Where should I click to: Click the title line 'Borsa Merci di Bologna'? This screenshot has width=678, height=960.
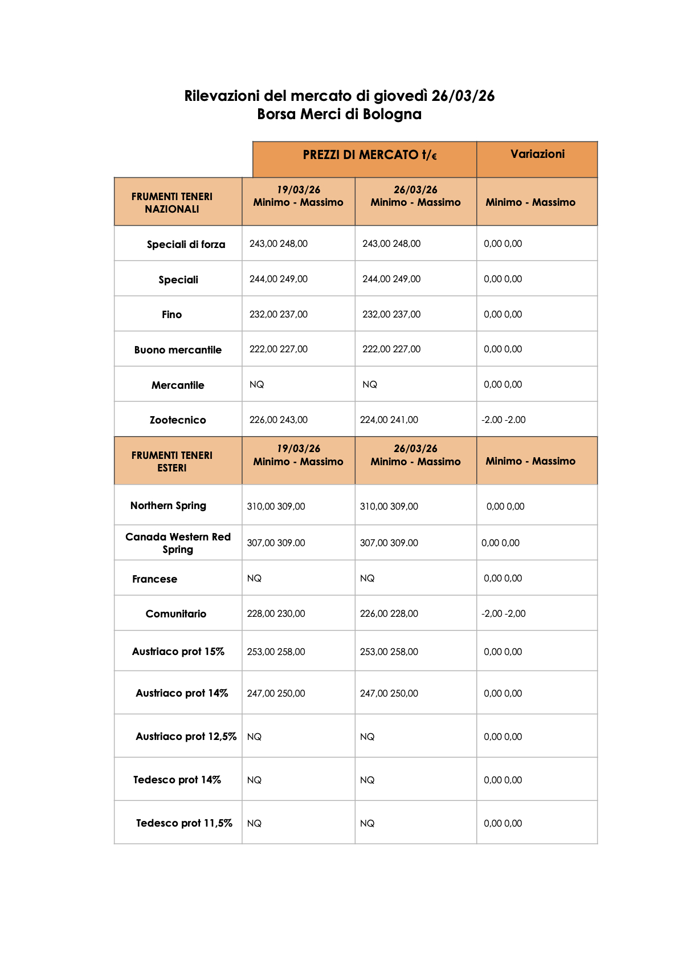click(x=339, y=114)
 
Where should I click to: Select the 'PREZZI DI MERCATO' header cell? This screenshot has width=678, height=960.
click(x=370, y=155)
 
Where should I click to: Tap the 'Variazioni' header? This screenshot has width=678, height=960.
click(x=537, y=154)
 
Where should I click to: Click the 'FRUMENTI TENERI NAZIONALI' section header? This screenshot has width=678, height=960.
click(x=172, y=202)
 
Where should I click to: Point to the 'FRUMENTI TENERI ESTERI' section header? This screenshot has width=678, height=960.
click(x=172, y=461)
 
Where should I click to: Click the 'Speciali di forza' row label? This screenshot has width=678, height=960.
click(x=186, y=245)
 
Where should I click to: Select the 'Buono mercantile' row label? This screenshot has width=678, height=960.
click(x=178, y=350)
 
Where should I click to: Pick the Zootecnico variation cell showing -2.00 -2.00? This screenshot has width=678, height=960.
click(x=504, y=420)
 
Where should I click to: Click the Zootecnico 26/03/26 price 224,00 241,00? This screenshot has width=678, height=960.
click(x=389, y=420)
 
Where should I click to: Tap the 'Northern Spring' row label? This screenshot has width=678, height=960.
click(x=168, y=506)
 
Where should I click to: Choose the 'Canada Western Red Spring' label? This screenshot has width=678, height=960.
click(x=178, y=543)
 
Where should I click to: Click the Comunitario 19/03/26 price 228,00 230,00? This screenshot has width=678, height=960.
click(x=276, y=613)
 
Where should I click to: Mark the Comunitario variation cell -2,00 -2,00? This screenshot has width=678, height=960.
click(x=504, y=613)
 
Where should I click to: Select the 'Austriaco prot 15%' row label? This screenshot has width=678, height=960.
click(x=178, y=652)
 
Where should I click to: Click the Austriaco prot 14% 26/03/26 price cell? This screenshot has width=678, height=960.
click(x=389, y=693)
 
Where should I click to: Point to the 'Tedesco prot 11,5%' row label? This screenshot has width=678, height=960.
click(x=184, y=823)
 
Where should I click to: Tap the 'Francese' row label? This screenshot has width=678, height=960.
click(x=154, y=579)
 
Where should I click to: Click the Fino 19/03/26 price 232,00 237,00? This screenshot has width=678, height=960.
click(x=279, y=314)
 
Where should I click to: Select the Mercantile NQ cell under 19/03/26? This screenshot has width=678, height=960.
click(x=257, y=385)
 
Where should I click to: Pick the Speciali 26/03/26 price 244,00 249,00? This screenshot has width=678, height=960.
click(x=391, y=279)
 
